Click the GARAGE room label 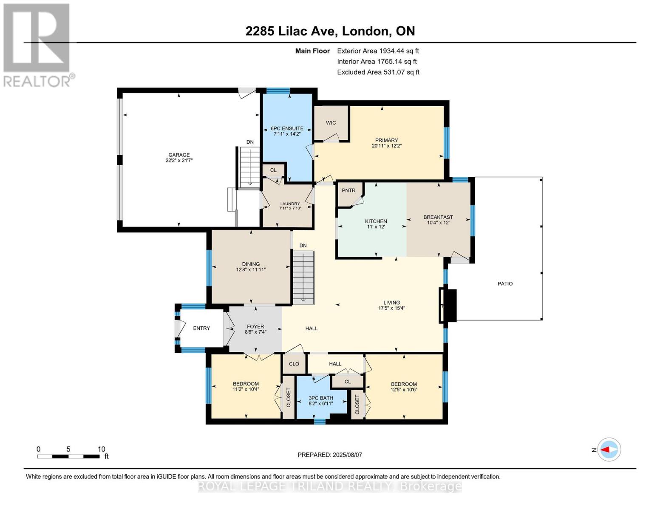(x=178, y=155)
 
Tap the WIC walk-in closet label (x=331, y=123)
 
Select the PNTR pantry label (x=348, y=190)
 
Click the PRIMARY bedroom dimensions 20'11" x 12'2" (x=386, y=146)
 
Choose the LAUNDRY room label (x=289, y=204)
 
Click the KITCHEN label (x=376, y=221)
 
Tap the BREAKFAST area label (x=438, y=217)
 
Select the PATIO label (x=505, y=283)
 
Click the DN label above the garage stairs (x=250, y=142)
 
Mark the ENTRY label (x=201, y=328)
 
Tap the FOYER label (x=255, y=326)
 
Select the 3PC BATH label (x=320, y=398)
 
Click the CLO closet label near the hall (x=294, y=364)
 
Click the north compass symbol (x=609, y=449)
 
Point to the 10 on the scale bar (x=101, y=449)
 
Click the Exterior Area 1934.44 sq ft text (x=378, y=51)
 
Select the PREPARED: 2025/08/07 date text (x=329, y=455)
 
